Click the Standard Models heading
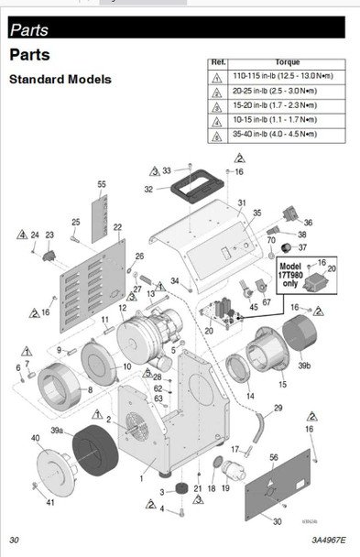(x=60, y=80)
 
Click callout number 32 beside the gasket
(x=148, y=190)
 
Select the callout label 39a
(x=56, y=430)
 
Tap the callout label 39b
(x=303, y=365)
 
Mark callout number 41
(x=50, y=502)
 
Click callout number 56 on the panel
(x=273, y=456)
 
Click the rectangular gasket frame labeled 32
(x=191, y=193)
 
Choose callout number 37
(x=302, y=246)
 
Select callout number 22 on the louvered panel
(x=117, y=226)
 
